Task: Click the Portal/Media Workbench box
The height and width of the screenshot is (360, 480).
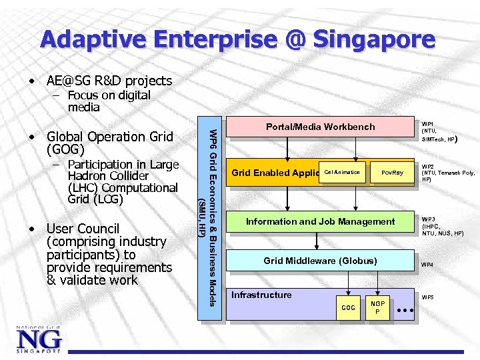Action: click(x=320, y=127)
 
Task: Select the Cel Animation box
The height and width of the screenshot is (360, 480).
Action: click(x=343, y=173)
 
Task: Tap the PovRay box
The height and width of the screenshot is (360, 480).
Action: click(x=393, y=173)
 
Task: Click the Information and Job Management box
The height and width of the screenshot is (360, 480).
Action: click(x=320, y=221)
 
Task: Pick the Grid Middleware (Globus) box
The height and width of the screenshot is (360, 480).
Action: click(x=320, y=261)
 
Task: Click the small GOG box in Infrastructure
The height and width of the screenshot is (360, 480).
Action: click(x=348, y=307)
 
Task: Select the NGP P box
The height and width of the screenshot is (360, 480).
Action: click(x=378, y=307)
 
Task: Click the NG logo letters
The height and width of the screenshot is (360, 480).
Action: click(x=39, y=340)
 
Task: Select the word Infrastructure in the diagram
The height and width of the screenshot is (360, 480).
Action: click(x=261, y=295)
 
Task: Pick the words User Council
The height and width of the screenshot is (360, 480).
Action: click(x=83, y=229)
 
